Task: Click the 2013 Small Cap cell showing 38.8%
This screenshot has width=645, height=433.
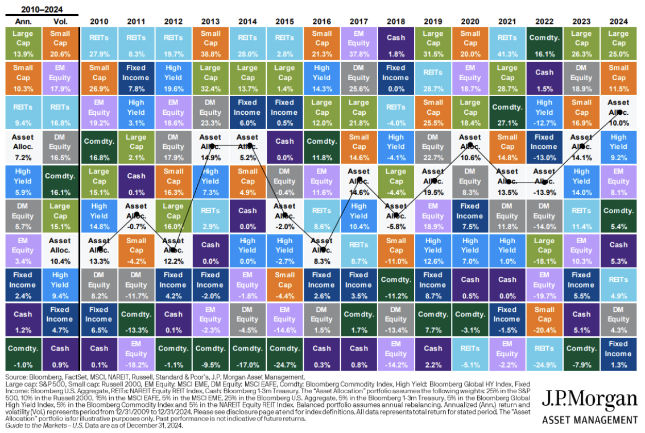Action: click(x=210, y=43)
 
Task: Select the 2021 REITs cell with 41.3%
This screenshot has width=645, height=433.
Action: click(x=507, y=43)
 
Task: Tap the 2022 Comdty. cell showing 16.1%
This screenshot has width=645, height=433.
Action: click(x=544, y=43)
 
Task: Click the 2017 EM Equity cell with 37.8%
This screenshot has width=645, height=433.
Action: click(x=359, y=43)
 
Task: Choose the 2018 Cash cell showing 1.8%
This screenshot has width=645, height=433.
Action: click(x=396, y=43)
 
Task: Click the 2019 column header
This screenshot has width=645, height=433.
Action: click(x=433, y=21)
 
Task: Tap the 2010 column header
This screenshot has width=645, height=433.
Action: click(x=99, y=21)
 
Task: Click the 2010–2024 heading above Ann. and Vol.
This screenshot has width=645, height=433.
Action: click(x=41, y=9)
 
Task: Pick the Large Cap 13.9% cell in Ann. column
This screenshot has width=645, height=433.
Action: click(x=22, y=43)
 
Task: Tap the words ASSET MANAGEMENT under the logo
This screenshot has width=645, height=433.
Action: click(x=590, y=420)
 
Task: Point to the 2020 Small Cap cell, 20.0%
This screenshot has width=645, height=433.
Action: click(x=470, y=43)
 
